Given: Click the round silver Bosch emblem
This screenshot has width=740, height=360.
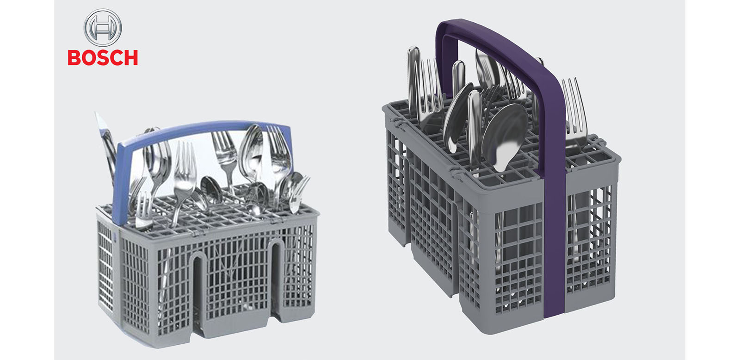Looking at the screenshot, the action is coord(102,28).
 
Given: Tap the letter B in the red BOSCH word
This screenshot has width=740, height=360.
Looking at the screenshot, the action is coord(74,58).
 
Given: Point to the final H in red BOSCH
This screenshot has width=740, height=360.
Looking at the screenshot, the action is coord(131,58).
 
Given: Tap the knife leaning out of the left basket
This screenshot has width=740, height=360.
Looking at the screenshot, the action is coord(107,145).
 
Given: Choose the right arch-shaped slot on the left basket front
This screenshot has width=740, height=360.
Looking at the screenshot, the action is coord(276,278).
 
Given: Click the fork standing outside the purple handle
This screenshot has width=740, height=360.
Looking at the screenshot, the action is coord(575,112).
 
